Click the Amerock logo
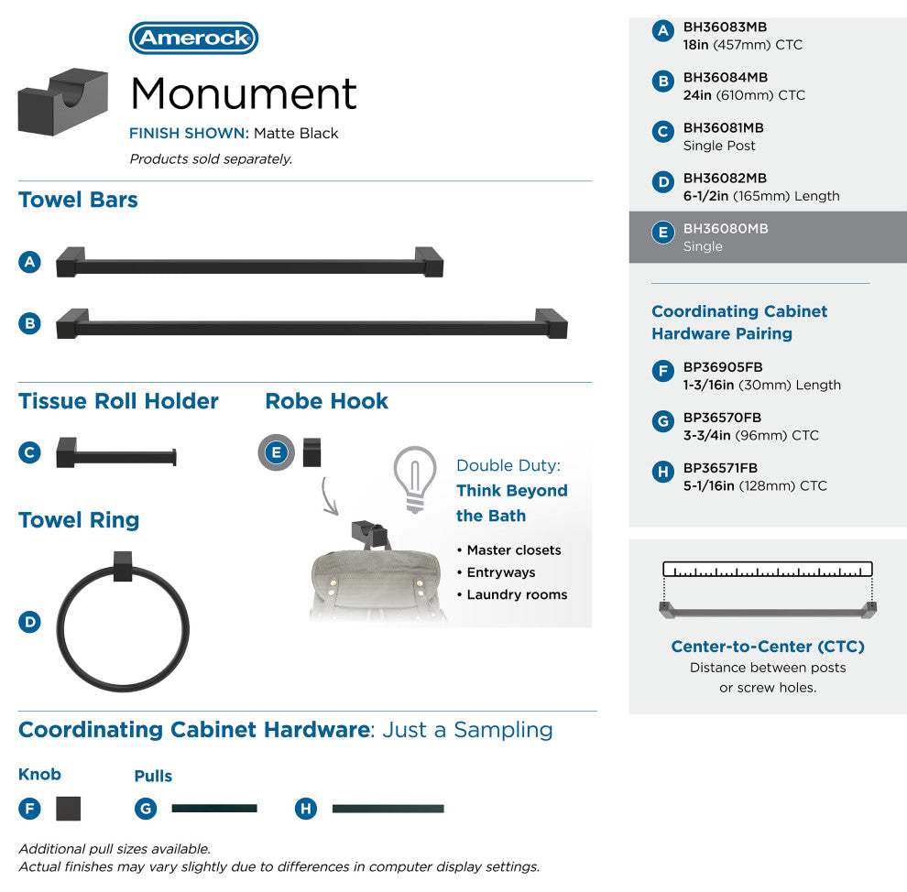coord(193,38)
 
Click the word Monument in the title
coord(244,93)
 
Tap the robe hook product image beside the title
coord(63,102)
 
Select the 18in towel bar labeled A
coord(250,263)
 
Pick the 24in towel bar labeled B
coord(311,323)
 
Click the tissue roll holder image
coord(116,452)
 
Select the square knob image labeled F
coord(69,808)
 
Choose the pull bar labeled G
coord(214,808)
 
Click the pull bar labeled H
coord(388,809)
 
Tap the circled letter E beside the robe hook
coord(277,452)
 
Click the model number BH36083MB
coord(725,27)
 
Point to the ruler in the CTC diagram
coord(768,570)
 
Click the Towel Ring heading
coord(79,519)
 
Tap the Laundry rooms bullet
coord(512,594)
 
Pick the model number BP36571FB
coord(720,468)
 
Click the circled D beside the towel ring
coord(29,622)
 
